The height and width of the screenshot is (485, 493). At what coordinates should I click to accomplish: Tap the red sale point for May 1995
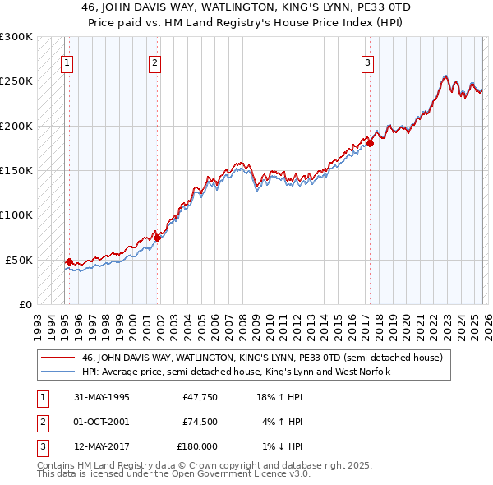(69, 261)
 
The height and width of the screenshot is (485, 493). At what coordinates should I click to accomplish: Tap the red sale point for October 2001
(158, 238)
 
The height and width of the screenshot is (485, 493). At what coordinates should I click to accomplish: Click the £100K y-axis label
(16, 215)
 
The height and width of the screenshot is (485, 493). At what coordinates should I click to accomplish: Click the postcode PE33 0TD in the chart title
(361, 7)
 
